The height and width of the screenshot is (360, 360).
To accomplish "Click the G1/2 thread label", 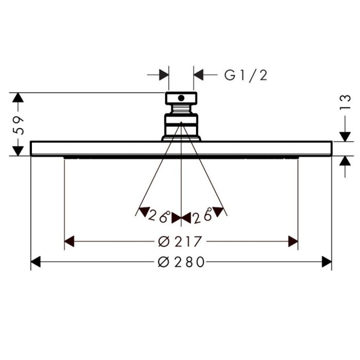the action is (x=246, y=75).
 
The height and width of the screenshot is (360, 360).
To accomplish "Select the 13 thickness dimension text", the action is (x=345, y=102).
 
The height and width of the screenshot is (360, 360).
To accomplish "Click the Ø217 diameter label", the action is (x=180, y=242).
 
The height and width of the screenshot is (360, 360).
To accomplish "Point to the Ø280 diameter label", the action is (x=181, y=262).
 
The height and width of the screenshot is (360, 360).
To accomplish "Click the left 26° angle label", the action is (x=159, y=216).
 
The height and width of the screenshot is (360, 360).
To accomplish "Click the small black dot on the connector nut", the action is (x=181, y=98).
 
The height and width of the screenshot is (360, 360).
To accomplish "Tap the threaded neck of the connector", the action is (x=181, y=109).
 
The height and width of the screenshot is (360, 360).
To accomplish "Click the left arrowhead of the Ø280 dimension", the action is (x=35, y=262).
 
